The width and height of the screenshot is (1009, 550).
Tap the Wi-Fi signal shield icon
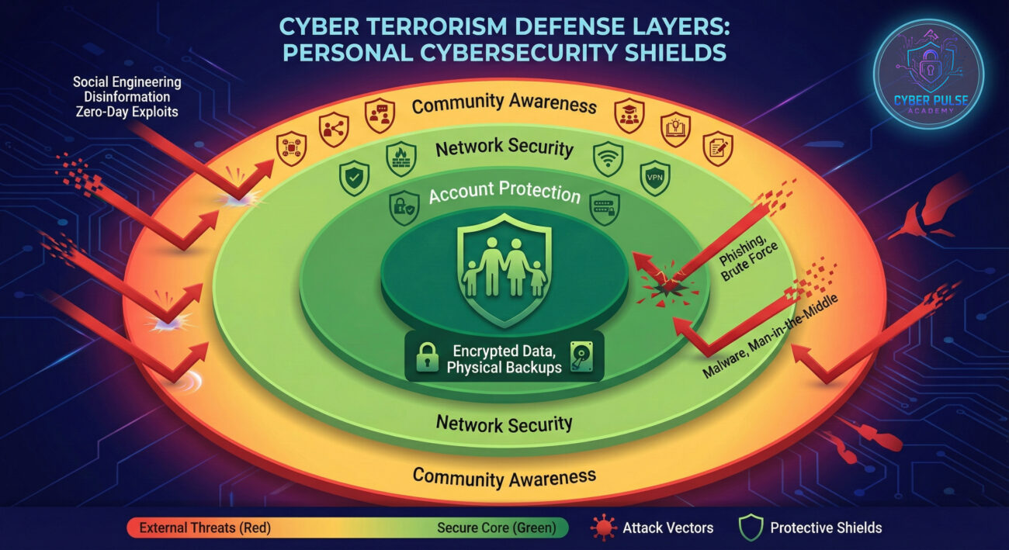click(x=608, y=158)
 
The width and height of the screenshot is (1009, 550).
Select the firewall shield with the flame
click(x=400, y=158)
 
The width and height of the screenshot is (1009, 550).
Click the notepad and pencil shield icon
click(x=718, y=147)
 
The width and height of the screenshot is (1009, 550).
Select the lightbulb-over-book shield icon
click(x=675, y=129)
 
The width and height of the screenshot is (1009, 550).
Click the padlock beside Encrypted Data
click(x=428, y=358)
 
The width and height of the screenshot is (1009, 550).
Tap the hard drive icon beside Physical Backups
click(x=582, y=358)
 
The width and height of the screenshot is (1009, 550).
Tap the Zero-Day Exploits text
click(x=127, y=111)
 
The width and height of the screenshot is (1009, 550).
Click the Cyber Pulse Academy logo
click(x=928, y=74)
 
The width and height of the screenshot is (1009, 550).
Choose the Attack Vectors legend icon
click(x=603, y=528)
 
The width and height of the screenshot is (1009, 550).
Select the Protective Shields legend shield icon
click(x=750, y=528)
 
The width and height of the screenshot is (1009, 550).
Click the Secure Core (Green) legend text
click(x=496, y=528)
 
